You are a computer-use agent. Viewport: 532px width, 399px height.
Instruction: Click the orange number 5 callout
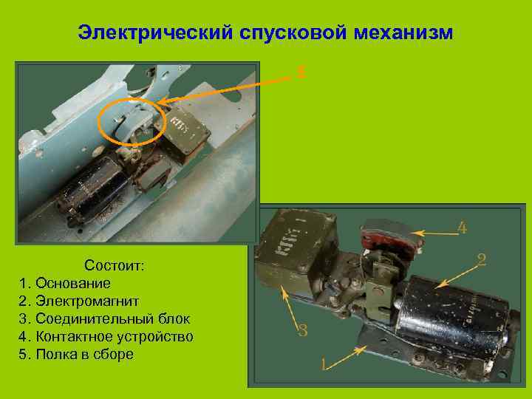tap(301, 72)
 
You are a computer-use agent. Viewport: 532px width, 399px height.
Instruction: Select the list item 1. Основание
tap(65, 283)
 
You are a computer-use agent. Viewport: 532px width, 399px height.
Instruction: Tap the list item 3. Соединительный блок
tap(104, 319)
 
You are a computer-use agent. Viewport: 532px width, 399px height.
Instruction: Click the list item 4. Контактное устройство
tap(106, 337)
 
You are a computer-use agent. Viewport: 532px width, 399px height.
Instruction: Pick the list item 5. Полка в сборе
tap(76, 355)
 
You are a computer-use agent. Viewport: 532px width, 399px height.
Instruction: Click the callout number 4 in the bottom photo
tap(462, 228)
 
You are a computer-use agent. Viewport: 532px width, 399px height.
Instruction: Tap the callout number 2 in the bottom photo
tap(481, 259)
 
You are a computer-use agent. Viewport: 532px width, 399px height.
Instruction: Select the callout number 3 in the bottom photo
tap(302, 330)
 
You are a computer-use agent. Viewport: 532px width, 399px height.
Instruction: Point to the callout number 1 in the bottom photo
tap(324, 364)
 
